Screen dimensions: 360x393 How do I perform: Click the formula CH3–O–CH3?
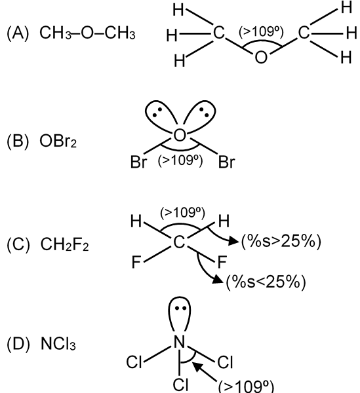[87, 33]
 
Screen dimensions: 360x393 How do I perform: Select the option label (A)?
[18, 33]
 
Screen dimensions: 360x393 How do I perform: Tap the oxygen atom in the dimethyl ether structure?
[261, 57]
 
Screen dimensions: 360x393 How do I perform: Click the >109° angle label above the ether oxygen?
[261, 32]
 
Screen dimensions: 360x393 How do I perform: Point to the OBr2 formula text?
[58, 141]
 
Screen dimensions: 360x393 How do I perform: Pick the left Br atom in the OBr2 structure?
[138, 162]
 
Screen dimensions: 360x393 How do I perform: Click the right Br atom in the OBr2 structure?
[226, 162]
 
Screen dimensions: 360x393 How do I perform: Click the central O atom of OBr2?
[180, 136]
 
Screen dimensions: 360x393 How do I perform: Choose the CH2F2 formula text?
[64, 244]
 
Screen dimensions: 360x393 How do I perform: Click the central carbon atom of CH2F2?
[179, 242]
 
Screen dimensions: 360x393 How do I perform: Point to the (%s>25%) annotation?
[281, 241]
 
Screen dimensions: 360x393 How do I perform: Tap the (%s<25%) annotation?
[266, 282]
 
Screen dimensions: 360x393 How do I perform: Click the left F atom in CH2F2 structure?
[136, 262]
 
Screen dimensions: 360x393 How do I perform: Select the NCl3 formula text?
[58, 343]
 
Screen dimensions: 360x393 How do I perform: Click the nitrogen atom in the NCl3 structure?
[180, 342]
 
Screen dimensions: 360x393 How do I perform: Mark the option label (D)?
[18, 344]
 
